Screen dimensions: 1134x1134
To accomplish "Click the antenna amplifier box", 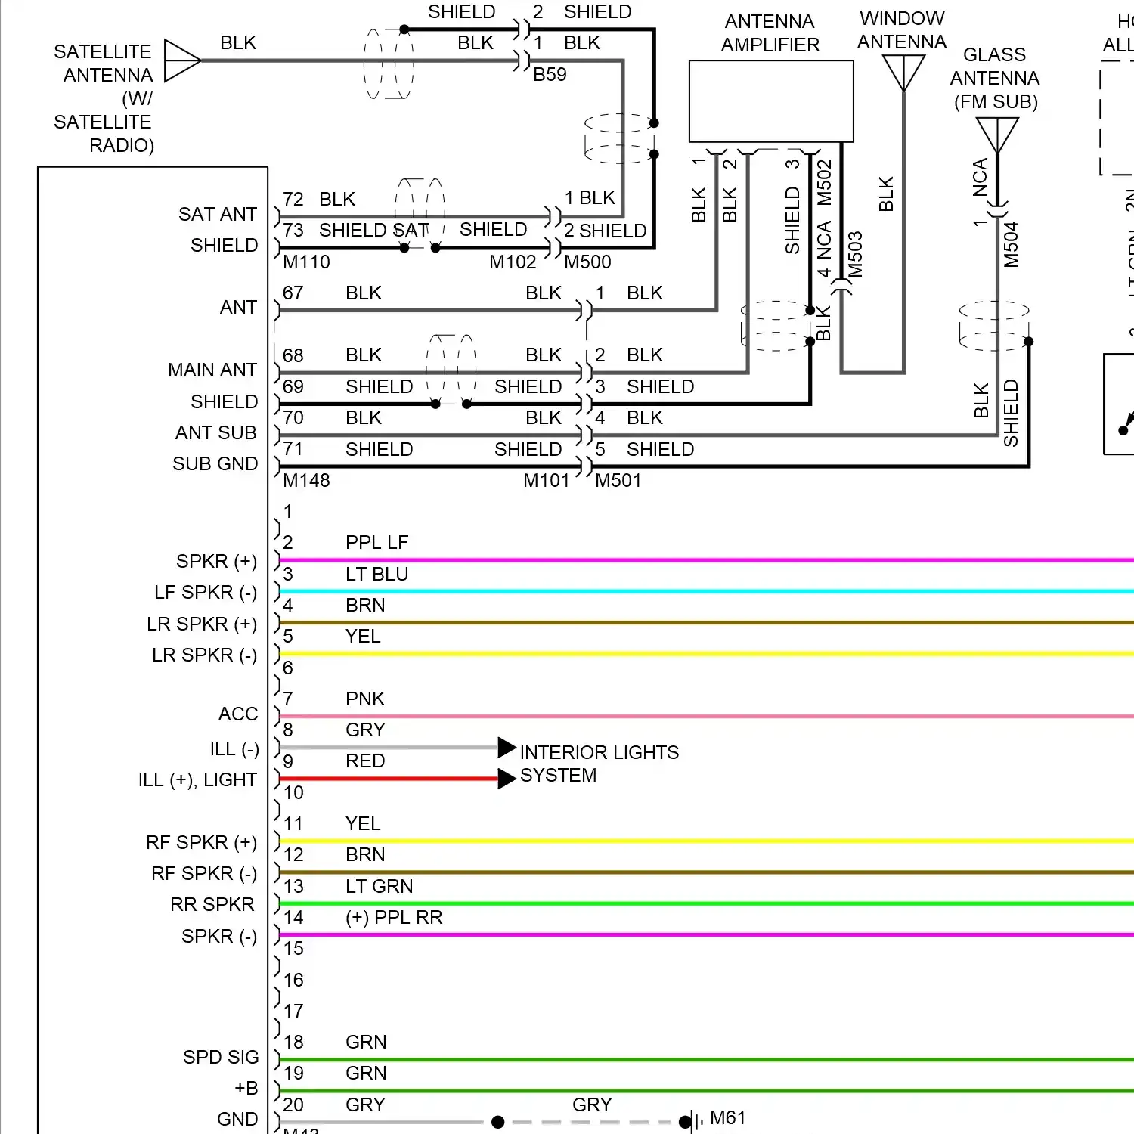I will tap(771, 101).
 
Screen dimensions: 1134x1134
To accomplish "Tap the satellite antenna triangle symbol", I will tap(181, 60).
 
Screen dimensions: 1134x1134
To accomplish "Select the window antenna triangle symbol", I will tap(903, 73).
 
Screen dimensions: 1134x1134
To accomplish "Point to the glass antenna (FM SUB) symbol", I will tap(997, 135).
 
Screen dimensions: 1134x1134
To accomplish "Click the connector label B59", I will tap(550, 75).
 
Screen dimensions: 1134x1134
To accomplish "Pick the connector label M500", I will tap(587, 262).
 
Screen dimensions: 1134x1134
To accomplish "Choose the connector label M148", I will tap(306, 481).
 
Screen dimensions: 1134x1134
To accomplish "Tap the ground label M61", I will tap(727, 1118).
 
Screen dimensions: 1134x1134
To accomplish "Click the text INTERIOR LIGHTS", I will tap(599, 752).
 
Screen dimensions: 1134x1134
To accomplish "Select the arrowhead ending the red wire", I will tap(507, 779).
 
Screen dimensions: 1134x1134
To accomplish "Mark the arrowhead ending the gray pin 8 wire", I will tap(507, 748).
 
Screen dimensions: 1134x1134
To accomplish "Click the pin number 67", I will tap(293, 293).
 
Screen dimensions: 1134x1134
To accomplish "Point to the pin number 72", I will tap(293, 200).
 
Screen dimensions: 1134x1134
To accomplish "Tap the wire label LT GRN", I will tap(379, 886).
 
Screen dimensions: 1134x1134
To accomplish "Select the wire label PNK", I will tap(365, 699).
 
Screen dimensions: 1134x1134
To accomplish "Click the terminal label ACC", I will tap(238, 714).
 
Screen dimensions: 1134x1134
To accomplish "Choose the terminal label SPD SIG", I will tap(221, 1057).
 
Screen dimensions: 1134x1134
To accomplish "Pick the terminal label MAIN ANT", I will tap(212, 370).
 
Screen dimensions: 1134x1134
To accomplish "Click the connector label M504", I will tap(1011, 245).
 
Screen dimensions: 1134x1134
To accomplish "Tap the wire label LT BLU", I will tap(376, 575).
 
